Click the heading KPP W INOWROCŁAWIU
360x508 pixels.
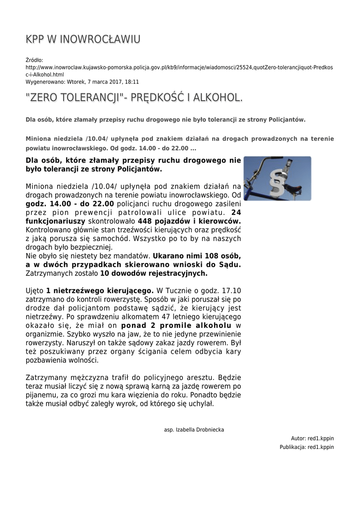click(x=83, y=40)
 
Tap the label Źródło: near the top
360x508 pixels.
click(x=34, y=60)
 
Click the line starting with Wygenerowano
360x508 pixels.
click(x=82, y=82)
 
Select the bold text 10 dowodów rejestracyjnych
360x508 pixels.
click(x=154, y=273)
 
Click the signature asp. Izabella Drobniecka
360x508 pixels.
click(x=194, y=430)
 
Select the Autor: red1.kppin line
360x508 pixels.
click(x=312, y=439)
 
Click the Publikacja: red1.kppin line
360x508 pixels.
click(x=306, y=447)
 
